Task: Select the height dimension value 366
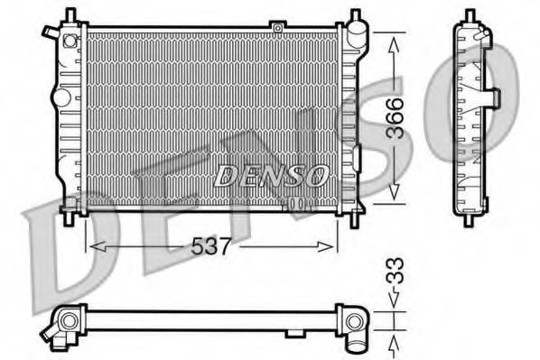tap(394, 117)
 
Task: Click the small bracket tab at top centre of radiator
tap(277, 28)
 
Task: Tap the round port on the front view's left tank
tap(61, 96)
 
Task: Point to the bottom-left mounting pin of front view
tap(70, 216)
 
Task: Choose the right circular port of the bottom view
tap(353, 322)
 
